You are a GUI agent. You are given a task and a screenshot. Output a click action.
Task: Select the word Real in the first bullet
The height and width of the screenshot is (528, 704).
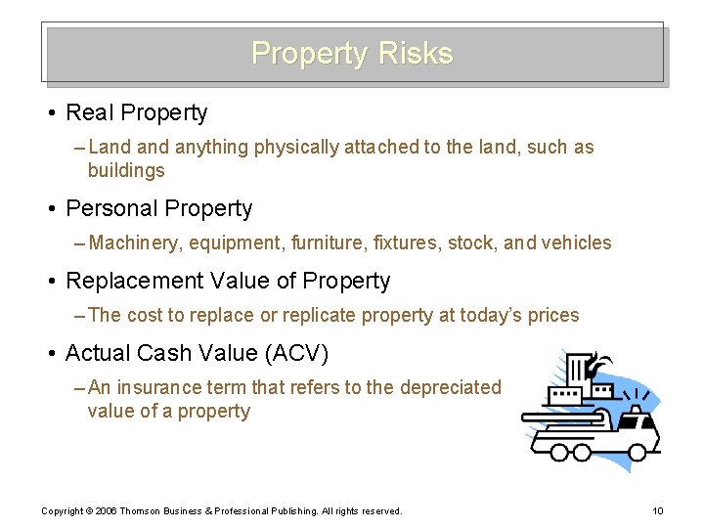pos(87,113)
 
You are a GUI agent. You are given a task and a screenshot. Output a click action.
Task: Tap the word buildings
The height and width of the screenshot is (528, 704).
pos(126,171)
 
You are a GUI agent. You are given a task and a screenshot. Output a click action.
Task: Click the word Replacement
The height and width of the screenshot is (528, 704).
pos(131,282)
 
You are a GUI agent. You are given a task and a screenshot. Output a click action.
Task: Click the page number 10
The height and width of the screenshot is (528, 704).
pos(657,511)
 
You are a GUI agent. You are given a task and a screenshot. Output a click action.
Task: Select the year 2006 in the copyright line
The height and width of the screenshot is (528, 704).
pos(109,511)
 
